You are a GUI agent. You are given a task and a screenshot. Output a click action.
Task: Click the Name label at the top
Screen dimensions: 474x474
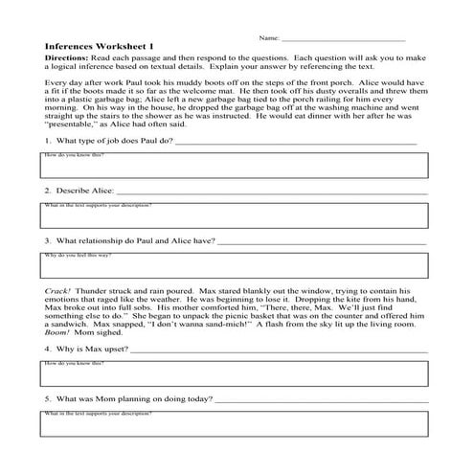click(268, 39)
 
